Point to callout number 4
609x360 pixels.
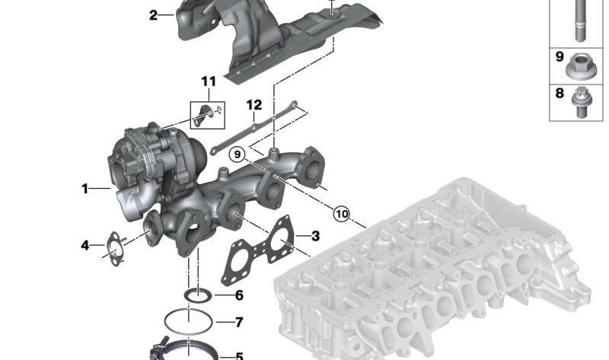pos(86,245)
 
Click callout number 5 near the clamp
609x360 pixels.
pos(239,355)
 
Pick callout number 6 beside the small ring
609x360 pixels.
pos(239,295)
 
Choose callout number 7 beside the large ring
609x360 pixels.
pos(239,322)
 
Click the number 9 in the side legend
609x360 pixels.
pos(559,57)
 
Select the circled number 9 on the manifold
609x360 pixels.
pos(238,155)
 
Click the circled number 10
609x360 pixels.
pos(341,214)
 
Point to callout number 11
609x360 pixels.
pos(209,81)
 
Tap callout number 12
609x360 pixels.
pos(253,104)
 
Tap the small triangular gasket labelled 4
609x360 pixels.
pos(115,250)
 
